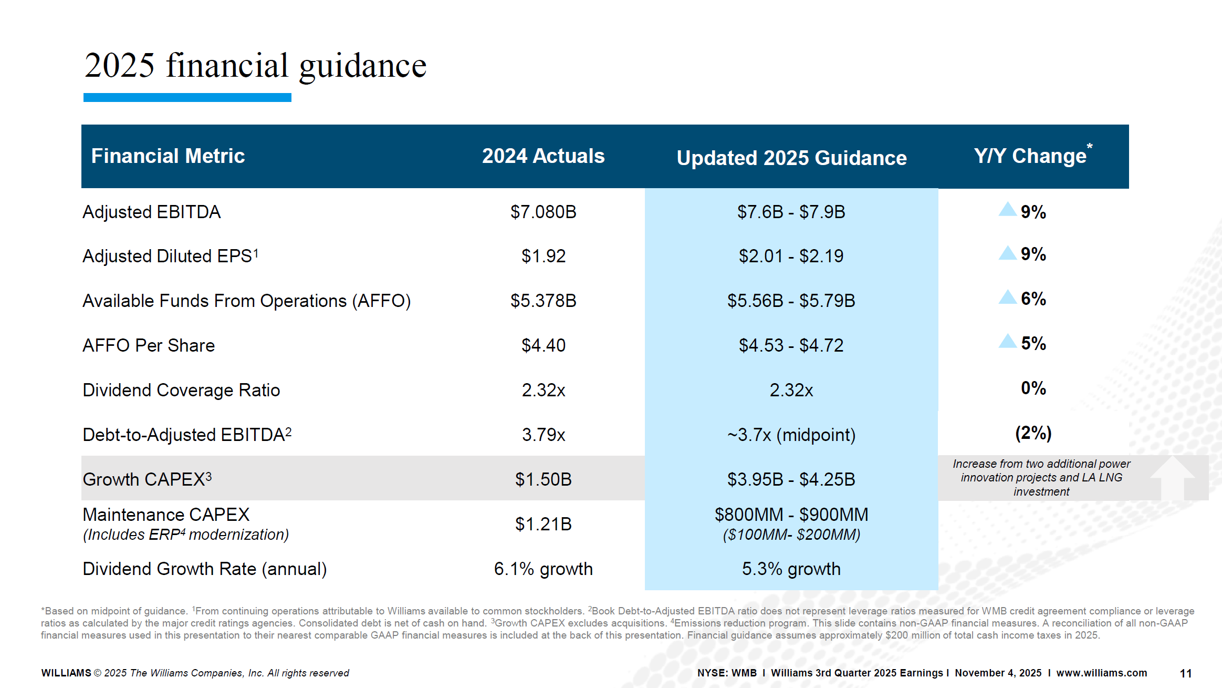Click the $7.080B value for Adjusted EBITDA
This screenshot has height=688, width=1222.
tap(543, 212)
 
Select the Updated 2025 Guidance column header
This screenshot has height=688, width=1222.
tap(791, 158)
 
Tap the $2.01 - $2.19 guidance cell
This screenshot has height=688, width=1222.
tap(791, 256)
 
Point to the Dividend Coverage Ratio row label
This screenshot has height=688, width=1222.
tap(181, 390)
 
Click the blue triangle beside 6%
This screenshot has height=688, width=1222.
tap(1007, 297)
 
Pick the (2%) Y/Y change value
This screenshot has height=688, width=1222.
tap(1033, 433)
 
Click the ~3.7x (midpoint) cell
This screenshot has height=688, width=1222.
tap(791, 435)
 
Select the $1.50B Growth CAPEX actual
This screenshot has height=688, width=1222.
tap(543, 479)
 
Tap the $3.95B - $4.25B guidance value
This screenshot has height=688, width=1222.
tap(791, 479)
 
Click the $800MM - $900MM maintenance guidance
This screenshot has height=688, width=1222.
tap(791, 515)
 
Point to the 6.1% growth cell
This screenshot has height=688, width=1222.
tap(543, 569)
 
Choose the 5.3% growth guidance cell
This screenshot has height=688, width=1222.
tap(791, 569)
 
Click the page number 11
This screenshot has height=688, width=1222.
tap(1185, 673)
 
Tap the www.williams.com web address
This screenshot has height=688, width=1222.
tap(1101, 673)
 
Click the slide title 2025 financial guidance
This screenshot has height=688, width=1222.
tap(255, 66)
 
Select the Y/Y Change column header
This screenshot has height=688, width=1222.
tap(1032, 155)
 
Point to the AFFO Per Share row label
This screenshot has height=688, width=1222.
tap(149, 345)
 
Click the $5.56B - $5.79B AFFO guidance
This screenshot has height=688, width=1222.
tap(791, 301)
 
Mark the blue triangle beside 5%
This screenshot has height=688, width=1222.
tap(1007, 341)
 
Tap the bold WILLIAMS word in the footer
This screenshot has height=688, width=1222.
tap(66, 673)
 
